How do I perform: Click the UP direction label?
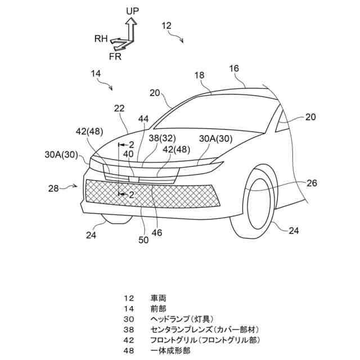click(x=133, y=11)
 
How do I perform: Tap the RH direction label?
click(x=101, y=39)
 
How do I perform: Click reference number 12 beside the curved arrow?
click(x=166, y=25)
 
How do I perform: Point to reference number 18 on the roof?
click(x=200, y=75)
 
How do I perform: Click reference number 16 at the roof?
click(x=234, y=68)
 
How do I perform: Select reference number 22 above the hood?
click(x=119, y=109)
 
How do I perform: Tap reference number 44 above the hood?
click(x=145, y=119)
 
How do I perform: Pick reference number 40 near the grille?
click(x=129, y=154)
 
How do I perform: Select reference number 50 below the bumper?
click(x=144, y=240)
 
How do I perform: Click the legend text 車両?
click(x=158, y=298)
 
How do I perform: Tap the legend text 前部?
click(x=158, y=308)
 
